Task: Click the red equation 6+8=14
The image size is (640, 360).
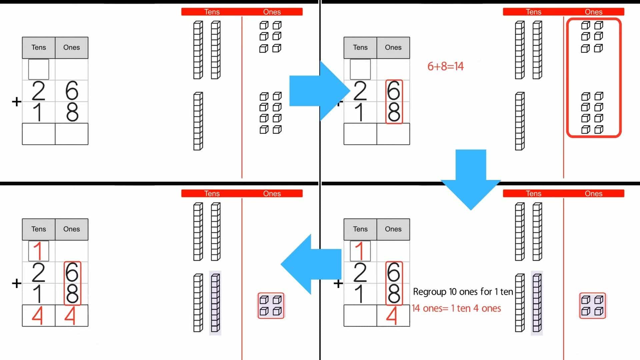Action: tap(445, 66)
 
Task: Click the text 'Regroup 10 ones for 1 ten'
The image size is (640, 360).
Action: tap(463, 292)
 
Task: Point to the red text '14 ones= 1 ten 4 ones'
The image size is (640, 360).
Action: tap(456, 308)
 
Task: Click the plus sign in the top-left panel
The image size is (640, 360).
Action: tap(16, 102)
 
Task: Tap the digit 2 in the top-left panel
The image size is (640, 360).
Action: tap(38, 91)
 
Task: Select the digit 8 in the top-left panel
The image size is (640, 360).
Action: tap(72, 112)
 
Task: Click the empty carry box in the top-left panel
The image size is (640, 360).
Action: tap(39, 69)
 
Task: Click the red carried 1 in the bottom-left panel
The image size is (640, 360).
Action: tap(38, 251)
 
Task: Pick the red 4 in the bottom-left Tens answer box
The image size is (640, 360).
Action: tap(38, 316)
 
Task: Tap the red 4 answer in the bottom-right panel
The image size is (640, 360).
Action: tap(392, 316)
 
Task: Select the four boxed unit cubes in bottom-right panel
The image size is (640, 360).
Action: tap(592, 306)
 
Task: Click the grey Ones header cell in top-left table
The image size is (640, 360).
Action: tap(71, 48)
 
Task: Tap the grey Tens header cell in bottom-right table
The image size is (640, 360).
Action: tap(360, 229)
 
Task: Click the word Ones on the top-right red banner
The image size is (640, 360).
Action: tap(593, 12)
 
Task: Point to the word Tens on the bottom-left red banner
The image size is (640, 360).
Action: tap(212, 194)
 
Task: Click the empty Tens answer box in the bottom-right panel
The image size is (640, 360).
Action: tap(360, 316)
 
